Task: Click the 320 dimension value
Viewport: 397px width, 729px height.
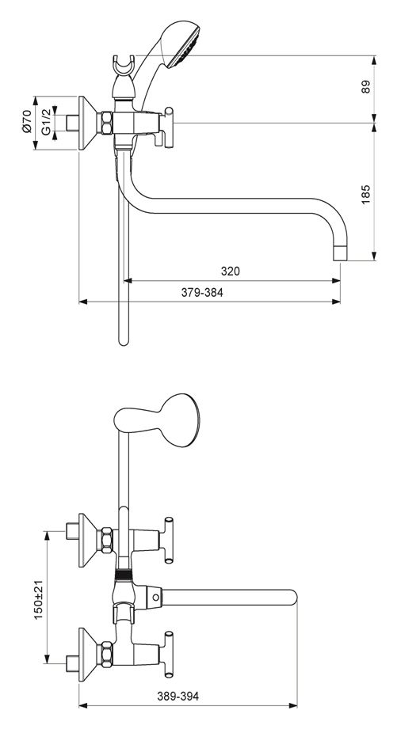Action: pos(231,271)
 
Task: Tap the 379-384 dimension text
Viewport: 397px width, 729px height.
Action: pos(202,292)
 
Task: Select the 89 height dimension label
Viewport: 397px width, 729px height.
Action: pos(366,87)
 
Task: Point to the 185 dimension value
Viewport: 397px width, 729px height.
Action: pos(366,195)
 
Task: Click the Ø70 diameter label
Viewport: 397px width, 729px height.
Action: pos(26,121)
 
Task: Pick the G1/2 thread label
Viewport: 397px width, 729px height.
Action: pos(45,122)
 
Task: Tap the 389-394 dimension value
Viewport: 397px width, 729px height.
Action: pos(178,697)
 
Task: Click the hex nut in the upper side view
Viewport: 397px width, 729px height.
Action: pos(107,123)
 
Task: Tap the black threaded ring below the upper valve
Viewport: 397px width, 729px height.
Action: pos(124,574)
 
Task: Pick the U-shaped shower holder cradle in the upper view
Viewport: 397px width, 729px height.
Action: pos(124,66)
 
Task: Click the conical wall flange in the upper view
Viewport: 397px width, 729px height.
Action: pos(87,123)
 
